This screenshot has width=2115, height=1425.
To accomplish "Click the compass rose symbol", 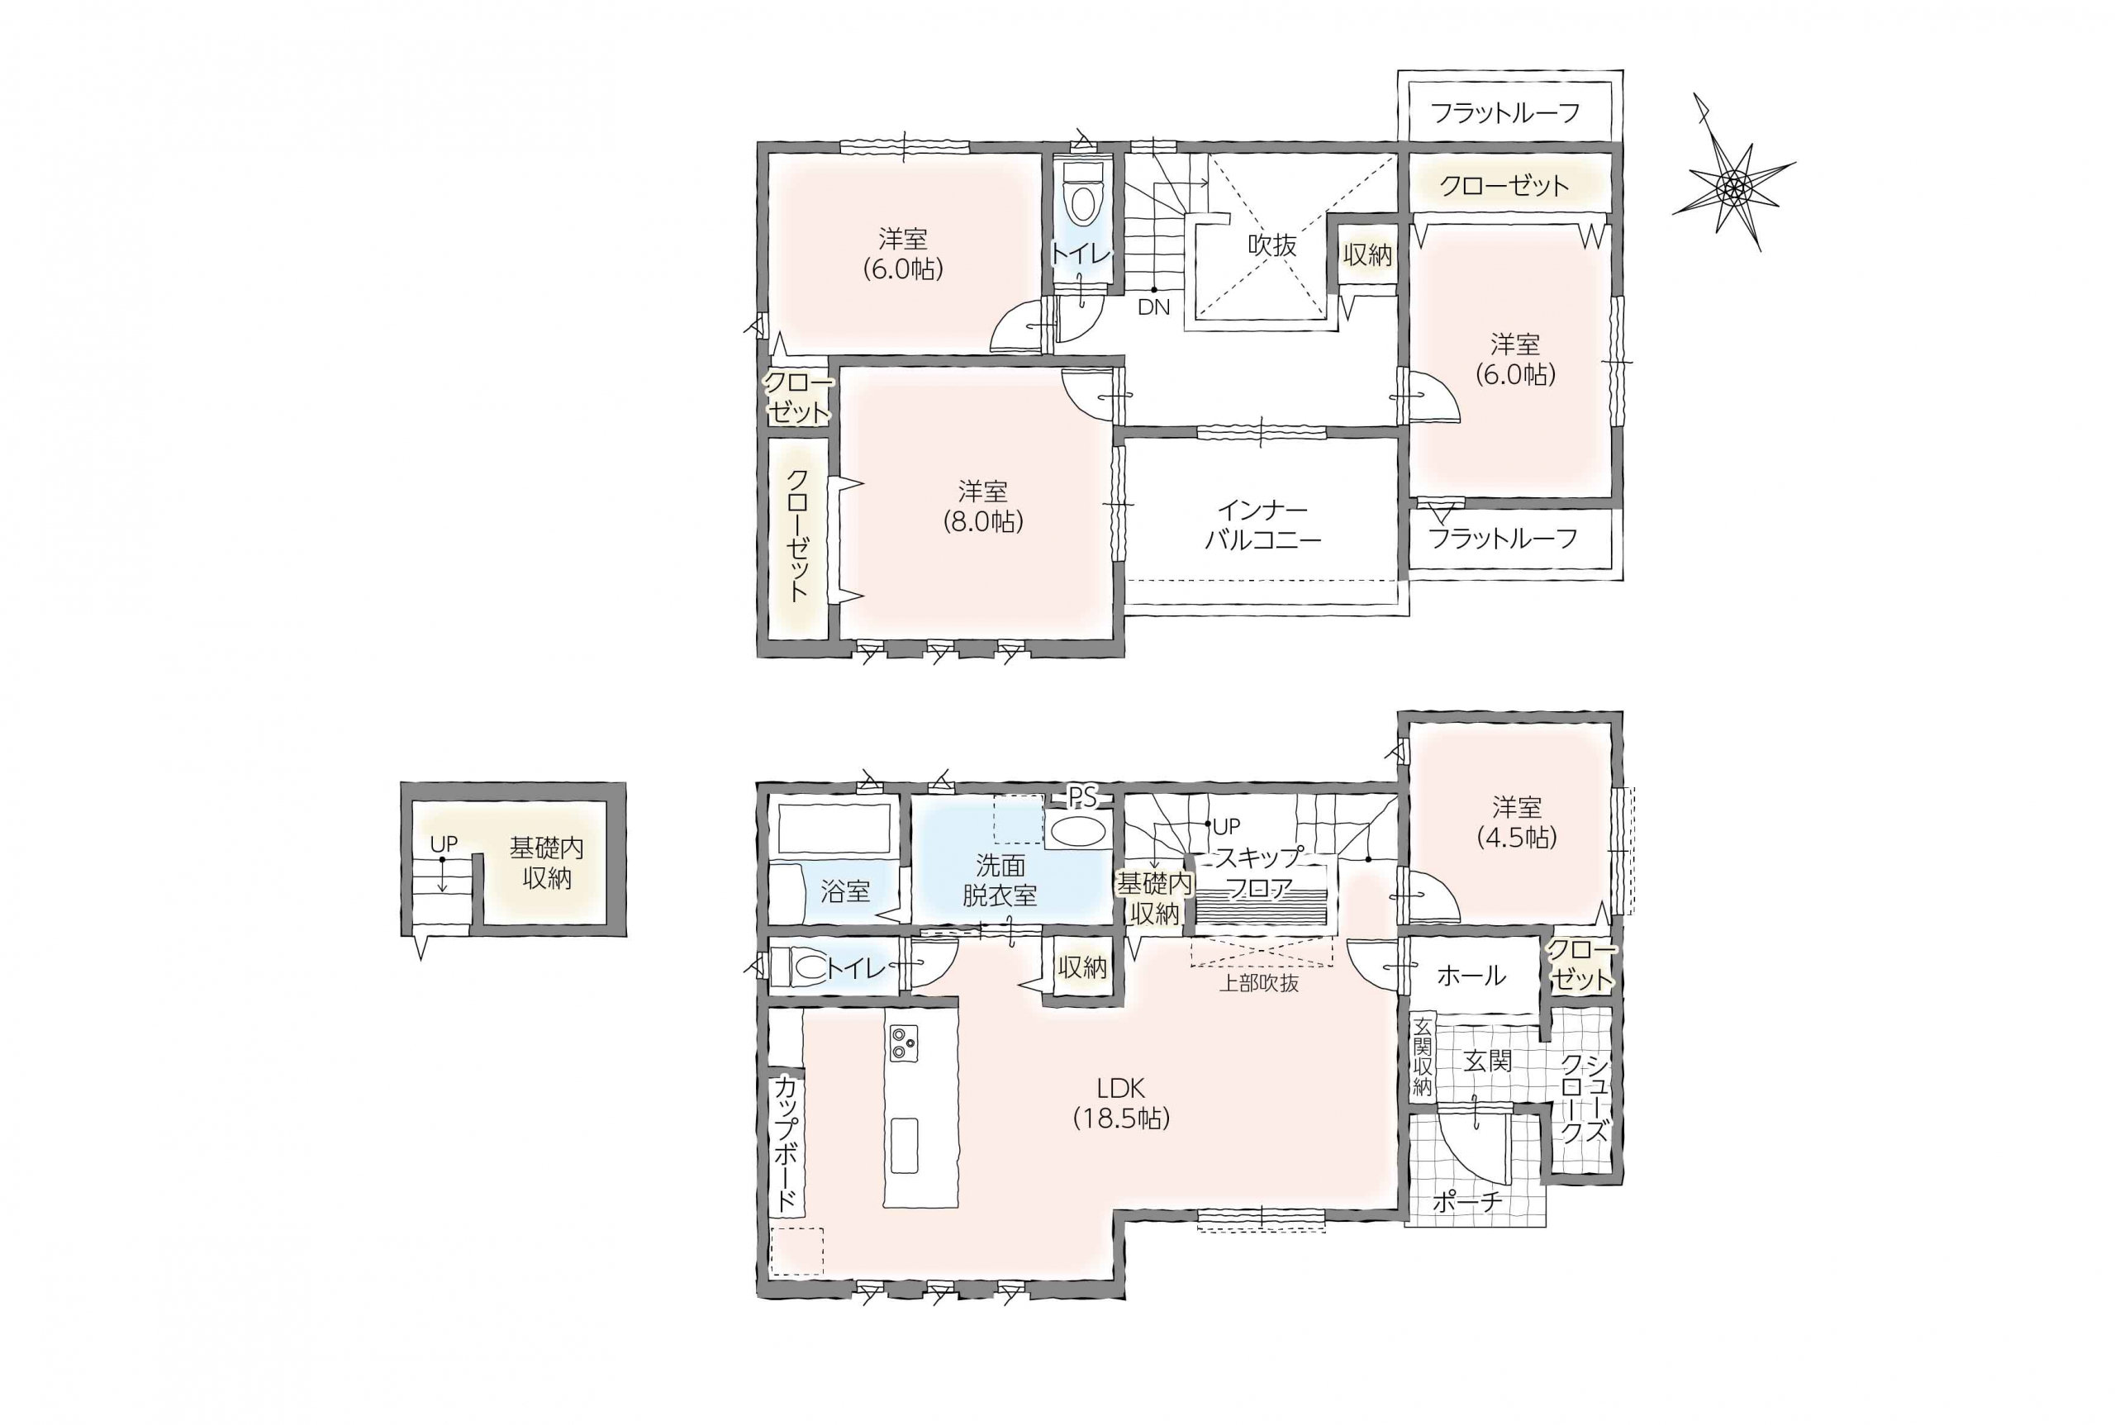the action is pos(1732,187).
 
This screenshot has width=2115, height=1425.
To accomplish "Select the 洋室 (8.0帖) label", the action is pos(982,506).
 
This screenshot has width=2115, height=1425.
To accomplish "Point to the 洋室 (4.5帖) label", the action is pos(1516,822).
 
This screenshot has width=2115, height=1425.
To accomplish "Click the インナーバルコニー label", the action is pos(1262,525).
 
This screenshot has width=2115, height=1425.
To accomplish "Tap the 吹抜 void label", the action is pos(1271,245).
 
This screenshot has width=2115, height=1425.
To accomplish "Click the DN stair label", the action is pos(1153,307).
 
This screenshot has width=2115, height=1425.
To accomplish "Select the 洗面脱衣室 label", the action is pos(1000,880).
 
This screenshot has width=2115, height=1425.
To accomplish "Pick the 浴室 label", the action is pos(845,891).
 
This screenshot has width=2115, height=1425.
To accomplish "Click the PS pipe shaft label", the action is pos(1081,797).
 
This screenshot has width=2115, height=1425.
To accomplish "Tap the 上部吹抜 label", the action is pos(1259,982).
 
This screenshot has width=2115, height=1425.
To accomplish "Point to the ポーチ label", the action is pos(1468,1201).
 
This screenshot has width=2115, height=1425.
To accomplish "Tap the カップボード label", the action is pos(787,1143).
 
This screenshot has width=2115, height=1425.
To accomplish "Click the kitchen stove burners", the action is pos(905,1043).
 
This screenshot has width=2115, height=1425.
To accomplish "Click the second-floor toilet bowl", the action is pos(1082,199).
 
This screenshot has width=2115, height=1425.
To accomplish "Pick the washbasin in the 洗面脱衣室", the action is pos(1077,831).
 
